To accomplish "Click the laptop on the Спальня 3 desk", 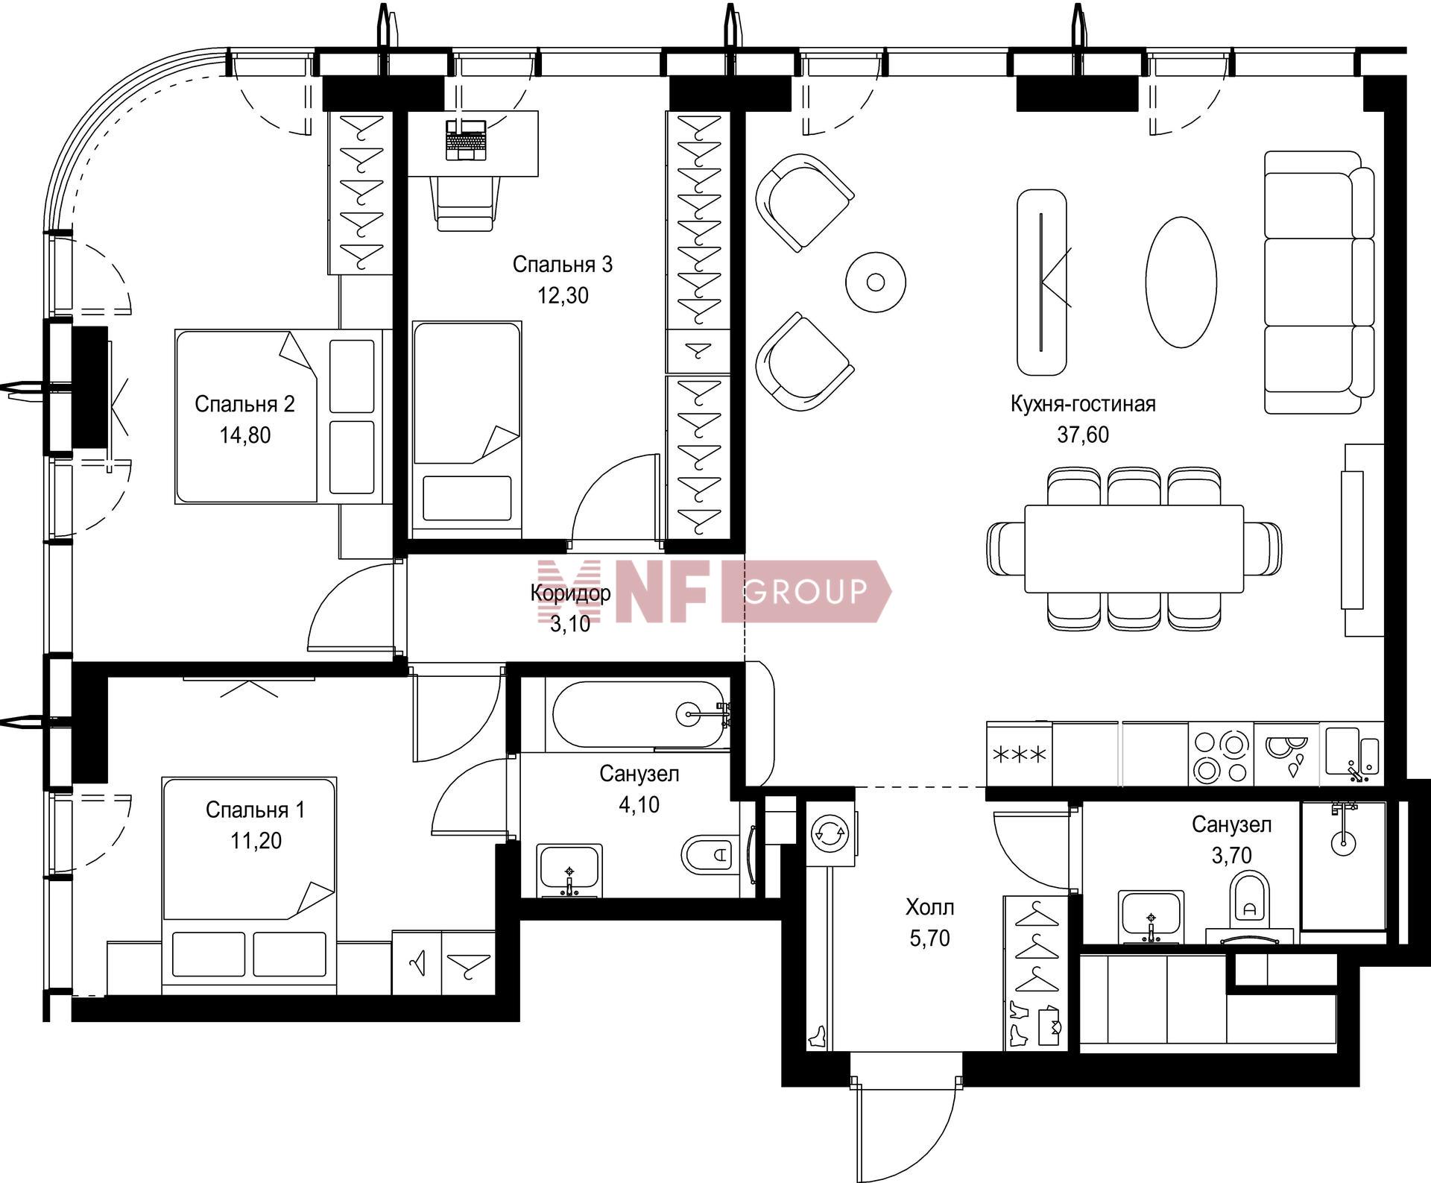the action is [466, 139].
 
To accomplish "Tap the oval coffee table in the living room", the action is [1181, 282].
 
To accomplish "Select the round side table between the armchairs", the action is [876, 283].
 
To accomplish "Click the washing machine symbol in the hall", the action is [830, 833].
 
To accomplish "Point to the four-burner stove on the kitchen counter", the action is [1221, 754].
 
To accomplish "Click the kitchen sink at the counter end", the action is [1353, 754].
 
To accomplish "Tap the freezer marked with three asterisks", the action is [1019, 754].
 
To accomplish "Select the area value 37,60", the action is [1083, 435].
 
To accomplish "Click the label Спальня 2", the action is [244, 404].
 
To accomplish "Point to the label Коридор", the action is [570, 593].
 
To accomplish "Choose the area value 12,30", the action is [563, 296].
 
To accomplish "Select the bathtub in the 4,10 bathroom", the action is [637, 716].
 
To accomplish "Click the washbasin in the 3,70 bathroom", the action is [1151, 916].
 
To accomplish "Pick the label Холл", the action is [929, 907].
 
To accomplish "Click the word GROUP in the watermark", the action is [806, 591].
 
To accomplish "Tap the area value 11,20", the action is [256, 841].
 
